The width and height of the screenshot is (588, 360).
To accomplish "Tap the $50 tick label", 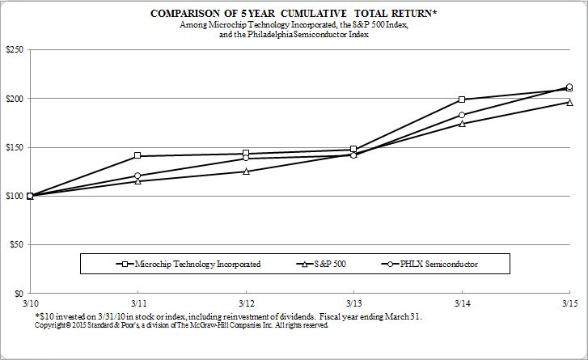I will point(15,244).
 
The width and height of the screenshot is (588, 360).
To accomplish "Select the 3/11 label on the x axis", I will point(137,302).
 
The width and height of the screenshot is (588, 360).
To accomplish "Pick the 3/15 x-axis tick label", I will point(569,302).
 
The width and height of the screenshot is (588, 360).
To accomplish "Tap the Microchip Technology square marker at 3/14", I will point(462,100).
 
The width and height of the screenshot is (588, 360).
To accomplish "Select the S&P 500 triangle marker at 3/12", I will point(246,172).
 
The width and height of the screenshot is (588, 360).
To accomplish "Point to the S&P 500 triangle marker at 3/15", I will point(569,103).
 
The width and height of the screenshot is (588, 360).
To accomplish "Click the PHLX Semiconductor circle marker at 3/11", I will point(137,176).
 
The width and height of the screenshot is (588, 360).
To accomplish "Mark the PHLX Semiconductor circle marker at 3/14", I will point(462,115).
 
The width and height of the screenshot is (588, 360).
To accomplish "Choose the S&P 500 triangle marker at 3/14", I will point(462,124).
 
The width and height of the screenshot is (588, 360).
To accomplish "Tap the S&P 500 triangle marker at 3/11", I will point(137,181).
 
